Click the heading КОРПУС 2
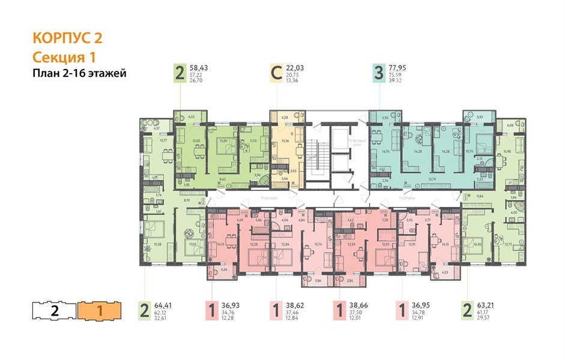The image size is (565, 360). click(68, 38)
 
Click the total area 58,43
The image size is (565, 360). click(202, 68)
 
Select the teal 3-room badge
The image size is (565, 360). click(378, 74)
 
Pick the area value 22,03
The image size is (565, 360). click(295, 68)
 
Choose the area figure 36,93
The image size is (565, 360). click(232, 305)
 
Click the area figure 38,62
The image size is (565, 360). click(296, 305)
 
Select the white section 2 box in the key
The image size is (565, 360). click(54, 311)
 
